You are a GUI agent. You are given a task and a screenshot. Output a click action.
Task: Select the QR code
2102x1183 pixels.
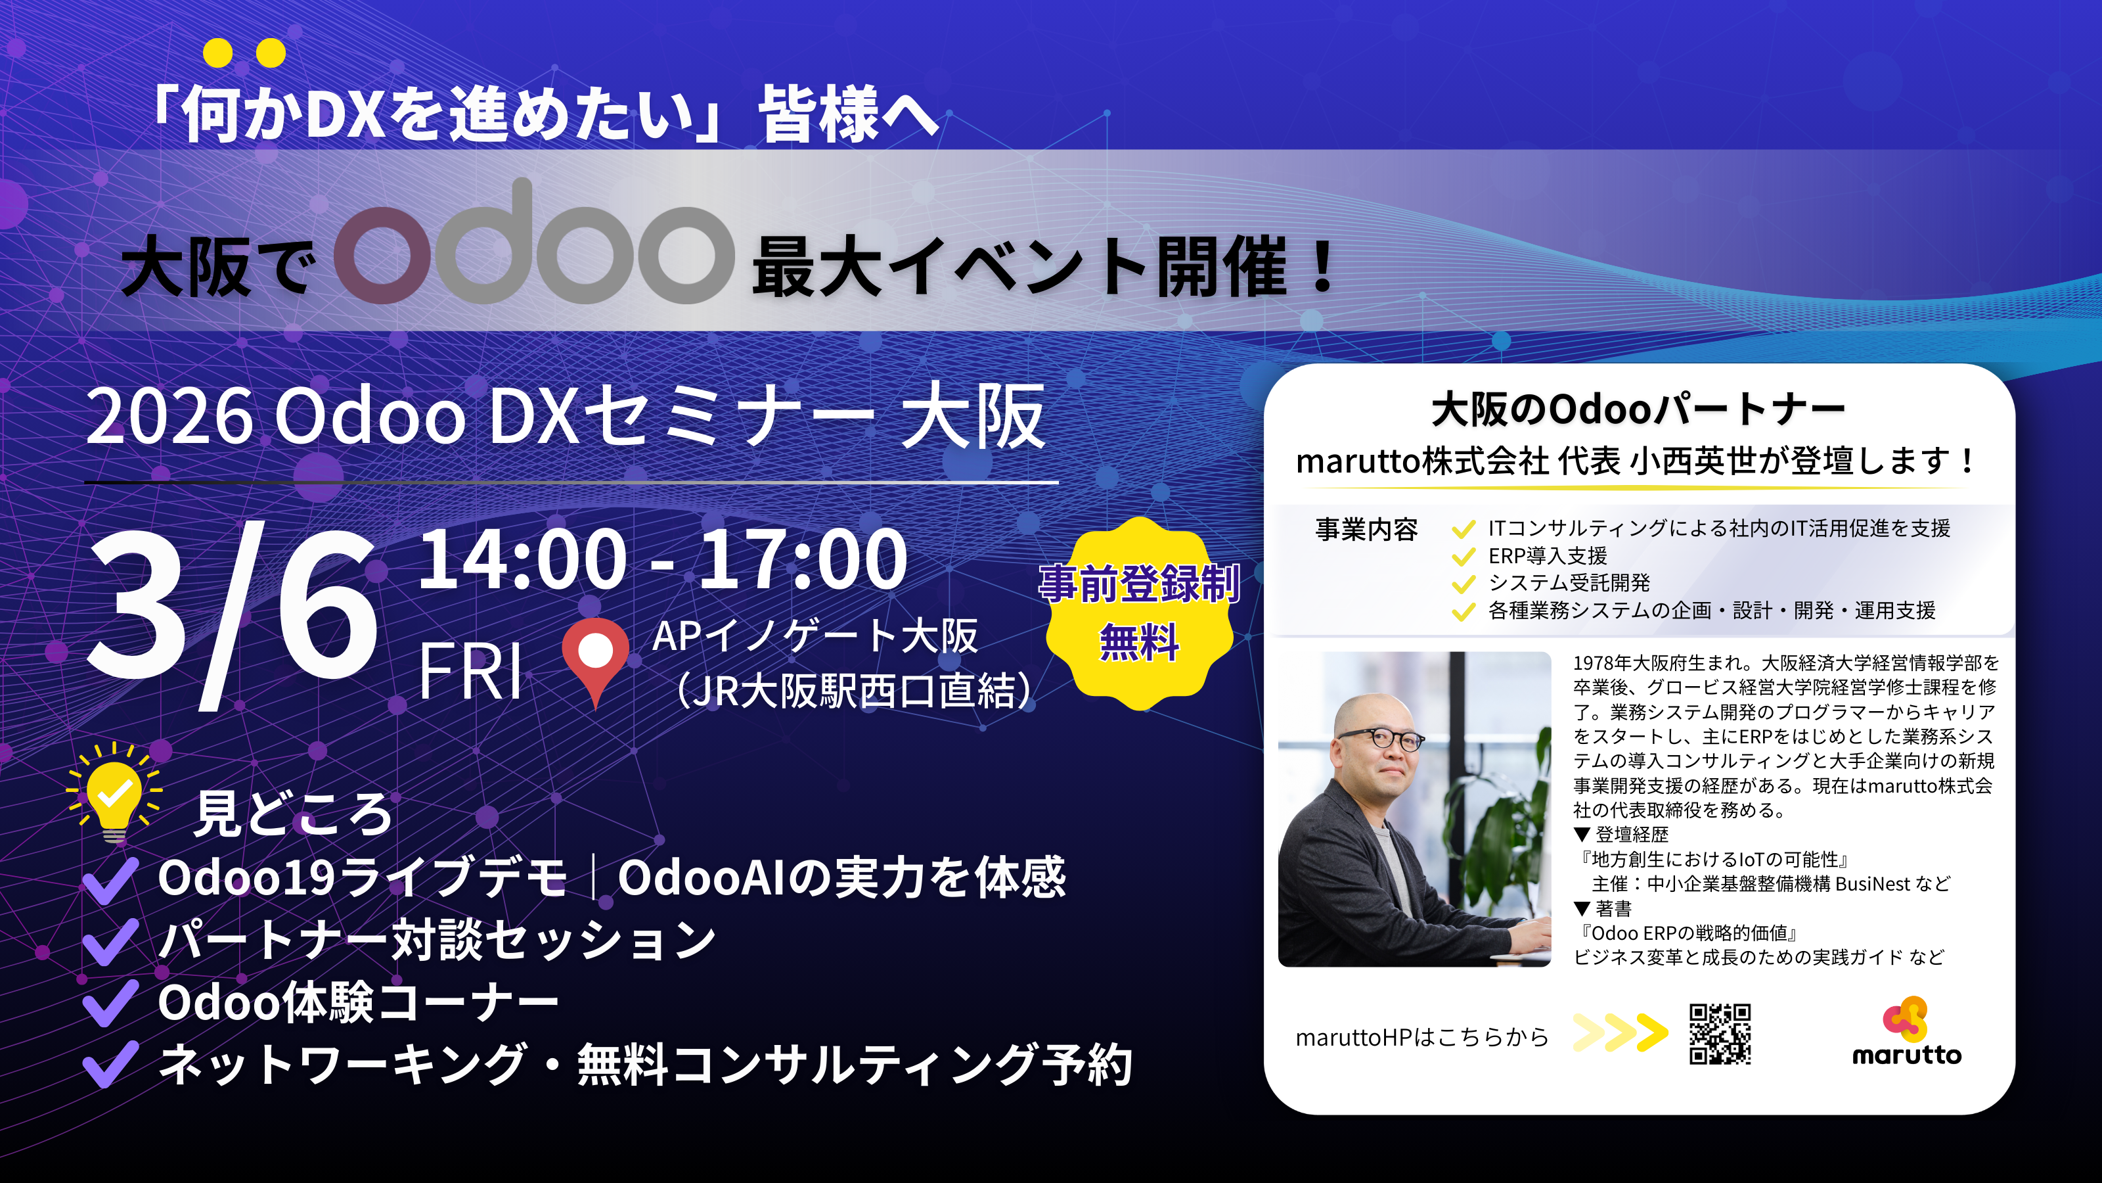point(1719,1034)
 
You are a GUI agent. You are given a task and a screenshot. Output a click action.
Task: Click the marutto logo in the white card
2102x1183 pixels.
point(1906,1032)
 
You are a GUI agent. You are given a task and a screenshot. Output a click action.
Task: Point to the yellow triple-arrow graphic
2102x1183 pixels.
point(1620,1032)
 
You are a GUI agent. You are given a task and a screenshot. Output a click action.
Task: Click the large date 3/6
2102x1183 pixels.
point(233,613)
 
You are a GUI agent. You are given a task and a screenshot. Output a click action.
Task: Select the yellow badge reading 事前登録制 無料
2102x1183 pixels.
point(1139,613)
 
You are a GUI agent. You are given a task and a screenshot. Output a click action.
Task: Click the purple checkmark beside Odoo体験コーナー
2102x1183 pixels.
point(110,1002)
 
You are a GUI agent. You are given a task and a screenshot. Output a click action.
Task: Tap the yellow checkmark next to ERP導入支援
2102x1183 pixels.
point(1463,557)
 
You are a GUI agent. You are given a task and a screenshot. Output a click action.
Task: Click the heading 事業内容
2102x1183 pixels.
point(1367,530)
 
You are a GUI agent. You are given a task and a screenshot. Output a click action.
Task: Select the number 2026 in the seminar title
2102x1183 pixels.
point(169,417)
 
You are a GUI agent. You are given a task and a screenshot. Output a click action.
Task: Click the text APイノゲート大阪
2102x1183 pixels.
point(815,636)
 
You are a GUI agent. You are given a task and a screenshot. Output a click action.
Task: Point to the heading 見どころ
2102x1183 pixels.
point(294,814)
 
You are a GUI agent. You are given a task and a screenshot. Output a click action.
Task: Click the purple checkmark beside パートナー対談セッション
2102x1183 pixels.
point(110,941)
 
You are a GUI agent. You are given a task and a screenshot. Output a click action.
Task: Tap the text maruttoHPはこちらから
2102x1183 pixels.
point(1421,1037)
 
